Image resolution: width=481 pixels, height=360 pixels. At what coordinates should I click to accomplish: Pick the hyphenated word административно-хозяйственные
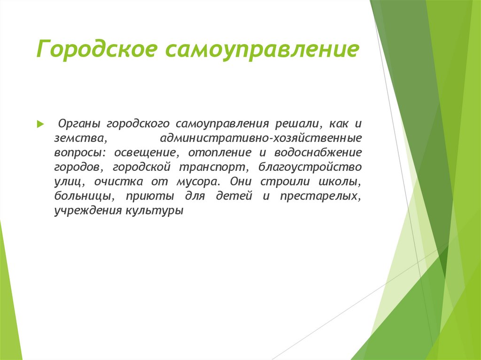click(260, 139)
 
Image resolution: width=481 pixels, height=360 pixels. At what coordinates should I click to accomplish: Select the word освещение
click(146, 153)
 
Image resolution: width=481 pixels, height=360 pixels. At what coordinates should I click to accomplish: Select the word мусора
click(197, 182)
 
